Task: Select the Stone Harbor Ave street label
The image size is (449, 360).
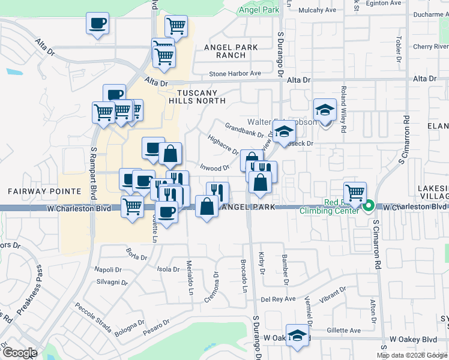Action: point(235,74)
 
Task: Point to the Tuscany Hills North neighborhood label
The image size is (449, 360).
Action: point(201,97)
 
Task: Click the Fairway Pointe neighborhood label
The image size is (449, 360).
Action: point(44,191)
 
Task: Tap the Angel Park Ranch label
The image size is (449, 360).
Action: point(231,51)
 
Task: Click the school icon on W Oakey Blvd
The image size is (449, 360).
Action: point(297,335)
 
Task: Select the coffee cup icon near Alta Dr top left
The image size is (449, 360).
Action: point(98,25)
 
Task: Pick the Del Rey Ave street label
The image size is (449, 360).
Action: point(278,299)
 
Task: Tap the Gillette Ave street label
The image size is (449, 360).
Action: point(344,331)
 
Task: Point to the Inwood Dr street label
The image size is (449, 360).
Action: point(214,169)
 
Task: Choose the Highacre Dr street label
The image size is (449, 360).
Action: point(223,145)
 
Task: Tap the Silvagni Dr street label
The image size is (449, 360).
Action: point(111,282)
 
